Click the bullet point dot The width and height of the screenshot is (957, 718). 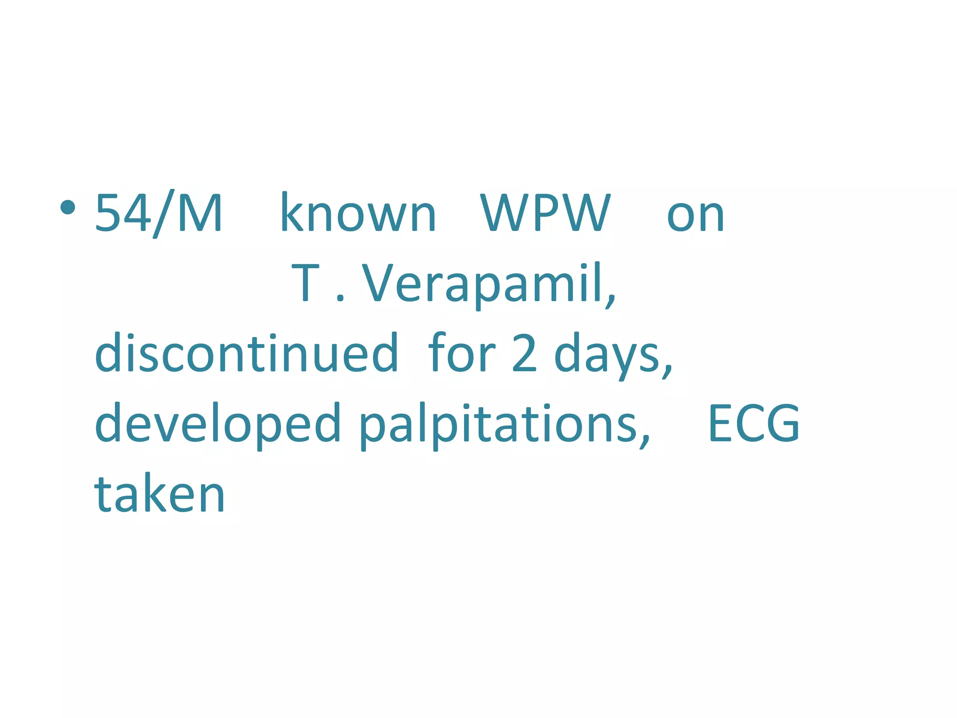(x=68, y=207)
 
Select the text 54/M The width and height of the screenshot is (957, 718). (x=158, y=213)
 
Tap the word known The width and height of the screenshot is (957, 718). (x=358, y=213)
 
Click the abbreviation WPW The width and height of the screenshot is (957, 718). (x=545, y=213)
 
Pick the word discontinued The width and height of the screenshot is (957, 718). (x=246, y=352)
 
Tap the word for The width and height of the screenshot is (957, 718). (x=461, y=352)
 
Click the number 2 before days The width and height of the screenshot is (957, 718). (x=524, y=353)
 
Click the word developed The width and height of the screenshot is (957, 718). (x=217, y=424)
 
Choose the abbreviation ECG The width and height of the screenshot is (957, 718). (x=754, y=424)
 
